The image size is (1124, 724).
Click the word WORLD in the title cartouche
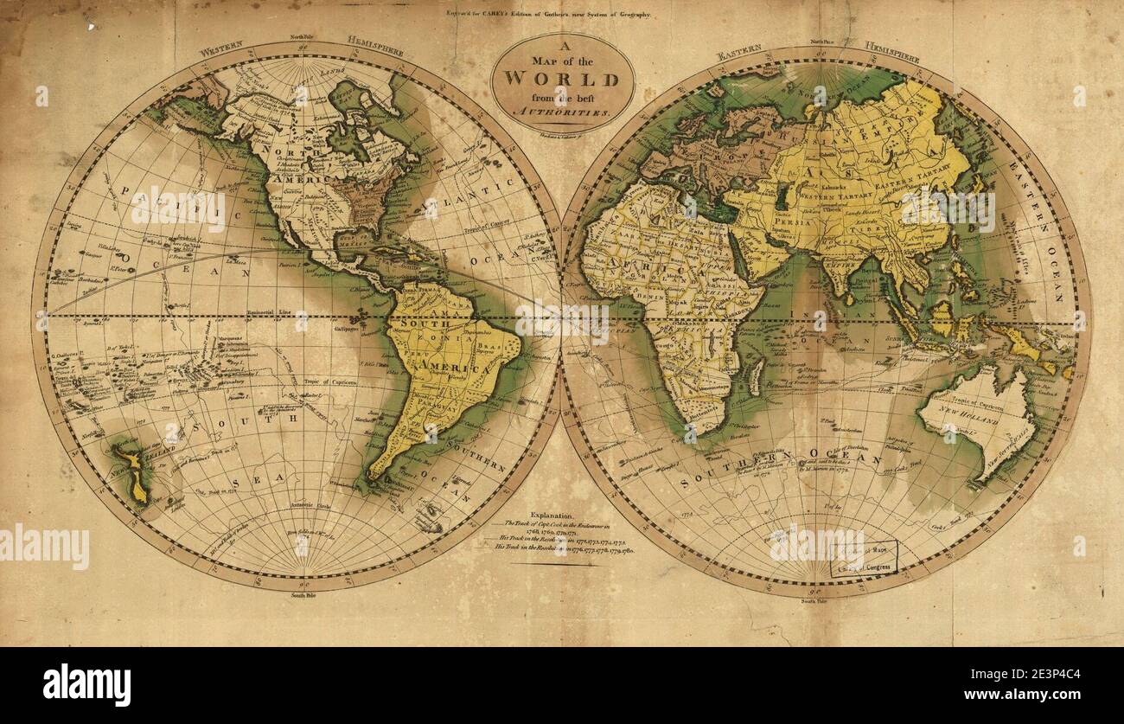(x=562, y=80)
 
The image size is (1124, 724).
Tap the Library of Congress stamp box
(x=864, y=560)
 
